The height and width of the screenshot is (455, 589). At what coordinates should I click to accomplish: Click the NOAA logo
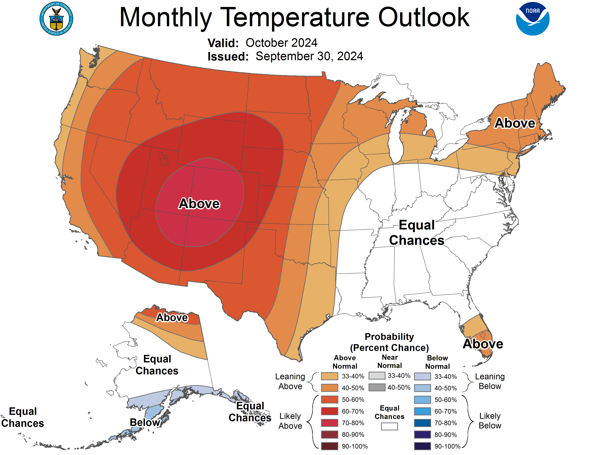tap(532, 19)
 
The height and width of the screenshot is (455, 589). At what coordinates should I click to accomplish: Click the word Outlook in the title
tap(424, 17)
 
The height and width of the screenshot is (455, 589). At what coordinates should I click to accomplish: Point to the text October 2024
tap(281, 43)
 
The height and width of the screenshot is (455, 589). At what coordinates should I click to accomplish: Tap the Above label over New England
tap(515, 123)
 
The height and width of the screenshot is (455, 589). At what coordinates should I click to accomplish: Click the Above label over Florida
tap(483, 344)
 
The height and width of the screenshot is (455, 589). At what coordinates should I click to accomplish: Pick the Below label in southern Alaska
tap(145, 422)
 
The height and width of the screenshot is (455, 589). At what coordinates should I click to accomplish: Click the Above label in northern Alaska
tap(172, 318)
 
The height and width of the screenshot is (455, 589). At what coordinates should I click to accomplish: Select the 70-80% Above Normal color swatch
tap(329, 423)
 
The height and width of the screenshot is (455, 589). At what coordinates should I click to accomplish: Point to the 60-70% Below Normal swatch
tap(422, 411)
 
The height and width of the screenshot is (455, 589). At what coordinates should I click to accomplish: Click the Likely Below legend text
tap(490, 421)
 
